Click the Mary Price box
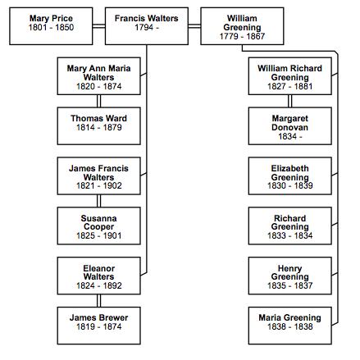click(x=51, y=26)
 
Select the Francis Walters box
click(x=147, y=26)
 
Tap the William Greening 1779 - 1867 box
click(x=242, y=26)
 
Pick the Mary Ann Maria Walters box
click(x=99, y=76)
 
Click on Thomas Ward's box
click(x=99, y=126)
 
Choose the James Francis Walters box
click(x=99, y=176)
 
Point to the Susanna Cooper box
click(x=99, y=226)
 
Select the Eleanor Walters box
click(x=99, y=276)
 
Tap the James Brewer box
click(x=99, y=326)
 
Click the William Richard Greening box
click(x=290, y=76)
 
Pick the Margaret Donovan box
click(x=290, y=126)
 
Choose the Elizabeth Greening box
click(x=290, y=176)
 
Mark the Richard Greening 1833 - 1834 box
click(x=290, y=226)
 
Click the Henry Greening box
click(x=290, y=276)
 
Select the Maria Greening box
click(x=290, y=326)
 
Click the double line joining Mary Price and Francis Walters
click(x=99, y=26)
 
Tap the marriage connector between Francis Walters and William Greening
click(x=194, y=26)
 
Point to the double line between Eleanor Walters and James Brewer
click(x=99, y=301)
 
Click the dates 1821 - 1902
click(x=99, y=185)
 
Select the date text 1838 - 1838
click(x=290, y=326)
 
